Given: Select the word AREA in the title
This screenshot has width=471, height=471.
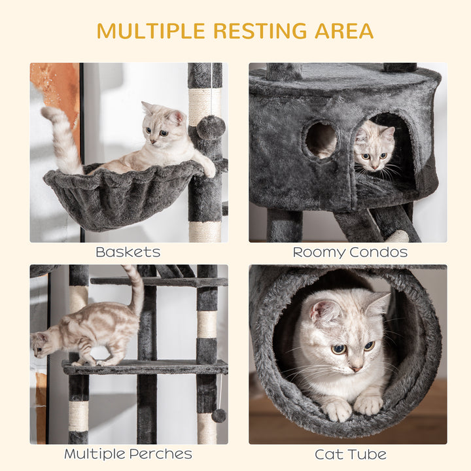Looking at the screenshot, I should point(345,31).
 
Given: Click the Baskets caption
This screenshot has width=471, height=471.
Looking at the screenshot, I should point(128,252).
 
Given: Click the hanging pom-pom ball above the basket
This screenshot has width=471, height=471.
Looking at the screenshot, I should point(211,127).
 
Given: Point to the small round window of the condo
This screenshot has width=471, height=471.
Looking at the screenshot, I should point(321,139).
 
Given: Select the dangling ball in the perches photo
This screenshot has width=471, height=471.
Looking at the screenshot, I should point(218,415).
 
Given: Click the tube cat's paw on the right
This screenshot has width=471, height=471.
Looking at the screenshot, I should point(368,405).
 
